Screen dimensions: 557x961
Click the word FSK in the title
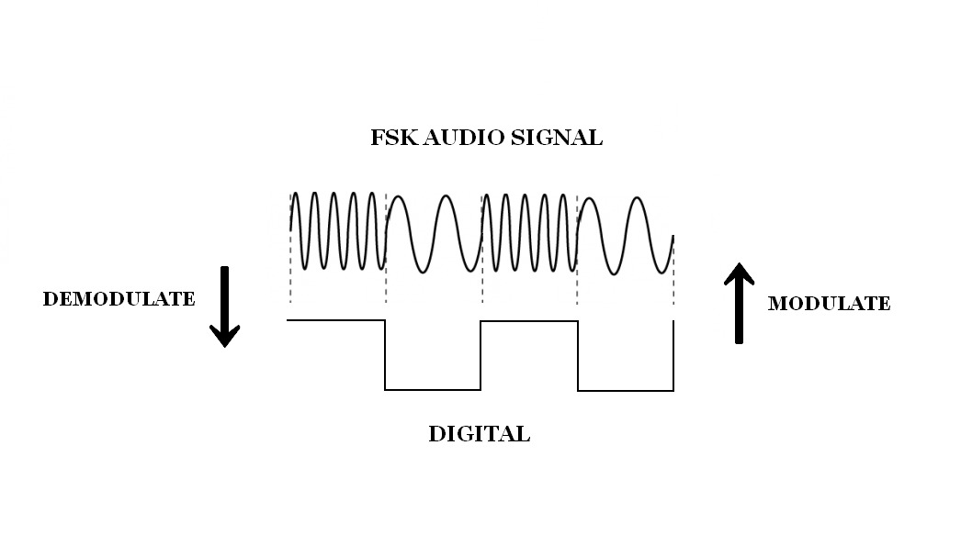coord(390,139)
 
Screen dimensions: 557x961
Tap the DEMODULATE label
coord(119,299)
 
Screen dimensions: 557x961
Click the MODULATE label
coord(829,304)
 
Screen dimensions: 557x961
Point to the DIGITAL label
coord(479,434)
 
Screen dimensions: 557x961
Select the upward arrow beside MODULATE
coord(739,302)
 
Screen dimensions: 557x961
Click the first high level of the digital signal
coord(336,320)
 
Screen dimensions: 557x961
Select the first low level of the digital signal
coord(433,389)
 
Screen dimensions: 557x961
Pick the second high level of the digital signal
coord(529,321)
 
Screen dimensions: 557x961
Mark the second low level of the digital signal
coord(626,390)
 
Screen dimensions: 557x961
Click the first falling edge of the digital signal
coord(385,355)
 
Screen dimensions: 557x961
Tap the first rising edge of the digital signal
coord(480,355)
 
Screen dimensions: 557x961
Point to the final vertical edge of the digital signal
coord(673,355)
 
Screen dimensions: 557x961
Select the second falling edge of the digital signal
coord(578,355)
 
